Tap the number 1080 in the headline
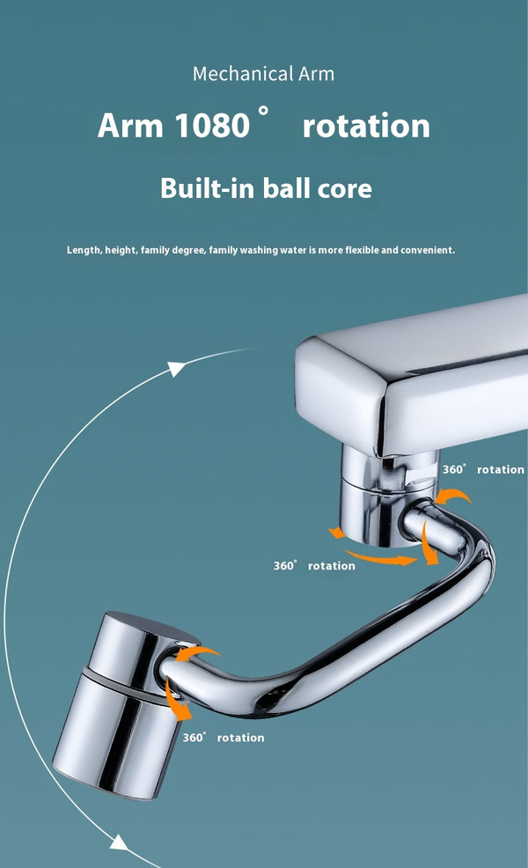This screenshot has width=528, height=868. pos(212,126)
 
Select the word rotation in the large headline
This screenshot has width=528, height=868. pos(366,126)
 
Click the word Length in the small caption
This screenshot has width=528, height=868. pos(84,250)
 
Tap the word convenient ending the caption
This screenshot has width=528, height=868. pos(427,250)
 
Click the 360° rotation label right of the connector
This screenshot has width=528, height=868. pos(483,470)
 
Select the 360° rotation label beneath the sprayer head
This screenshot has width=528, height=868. pos(224,738)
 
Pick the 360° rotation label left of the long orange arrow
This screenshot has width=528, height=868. pos(314,566)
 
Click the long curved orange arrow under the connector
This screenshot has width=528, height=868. pos(378,556)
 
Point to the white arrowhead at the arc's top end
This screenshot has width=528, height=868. pos(178,367)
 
